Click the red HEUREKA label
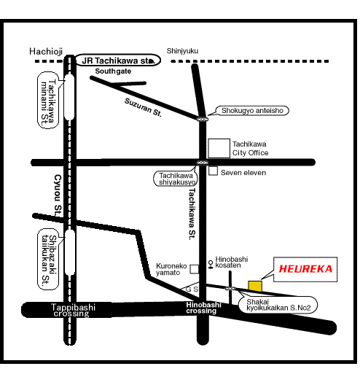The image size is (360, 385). coord(305,269)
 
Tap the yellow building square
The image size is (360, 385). coord(255,287)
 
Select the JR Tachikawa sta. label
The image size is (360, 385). coord(118,61)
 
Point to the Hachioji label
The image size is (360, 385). coord(46,51)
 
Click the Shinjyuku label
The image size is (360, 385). coord(182,51)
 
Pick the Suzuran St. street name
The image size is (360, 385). coord(143,107)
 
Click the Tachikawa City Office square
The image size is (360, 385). coord(219,148)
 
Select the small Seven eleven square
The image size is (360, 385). coord(213,171)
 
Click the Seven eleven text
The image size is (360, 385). coord(243,173)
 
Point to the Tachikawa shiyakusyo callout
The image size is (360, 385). coord(176,179)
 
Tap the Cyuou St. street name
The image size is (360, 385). coord(58,195)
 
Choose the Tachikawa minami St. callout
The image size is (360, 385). coord(48,100)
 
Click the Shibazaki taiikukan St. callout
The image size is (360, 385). coord(48,259)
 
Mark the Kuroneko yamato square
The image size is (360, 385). coord(195,269)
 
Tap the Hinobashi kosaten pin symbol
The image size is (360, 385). coord(211,265)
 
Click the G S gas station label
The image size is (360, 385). coord(192,289)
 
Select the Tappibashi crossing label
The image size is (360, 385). coord(73,310)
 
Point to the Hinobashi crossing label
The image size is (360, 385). coord(203,308)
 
